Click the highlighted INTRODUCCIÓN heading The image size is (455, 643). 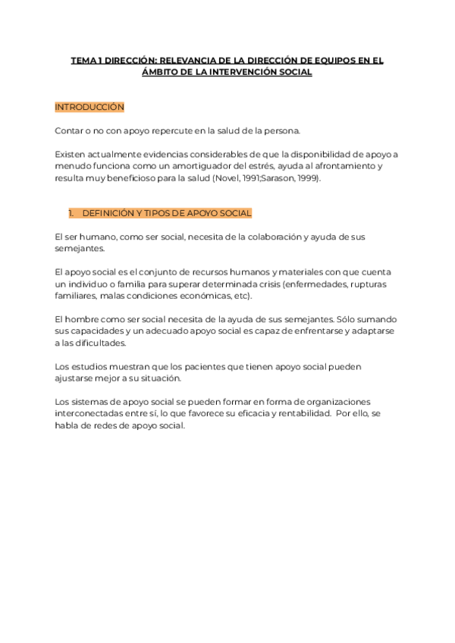click(x=89, y=108)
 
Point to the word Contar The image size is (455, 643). click(x=68, y=131)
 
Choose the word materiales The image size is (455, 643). click(x=289, y=271)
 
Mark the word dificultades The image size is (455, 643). click(x=101, y=342)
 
